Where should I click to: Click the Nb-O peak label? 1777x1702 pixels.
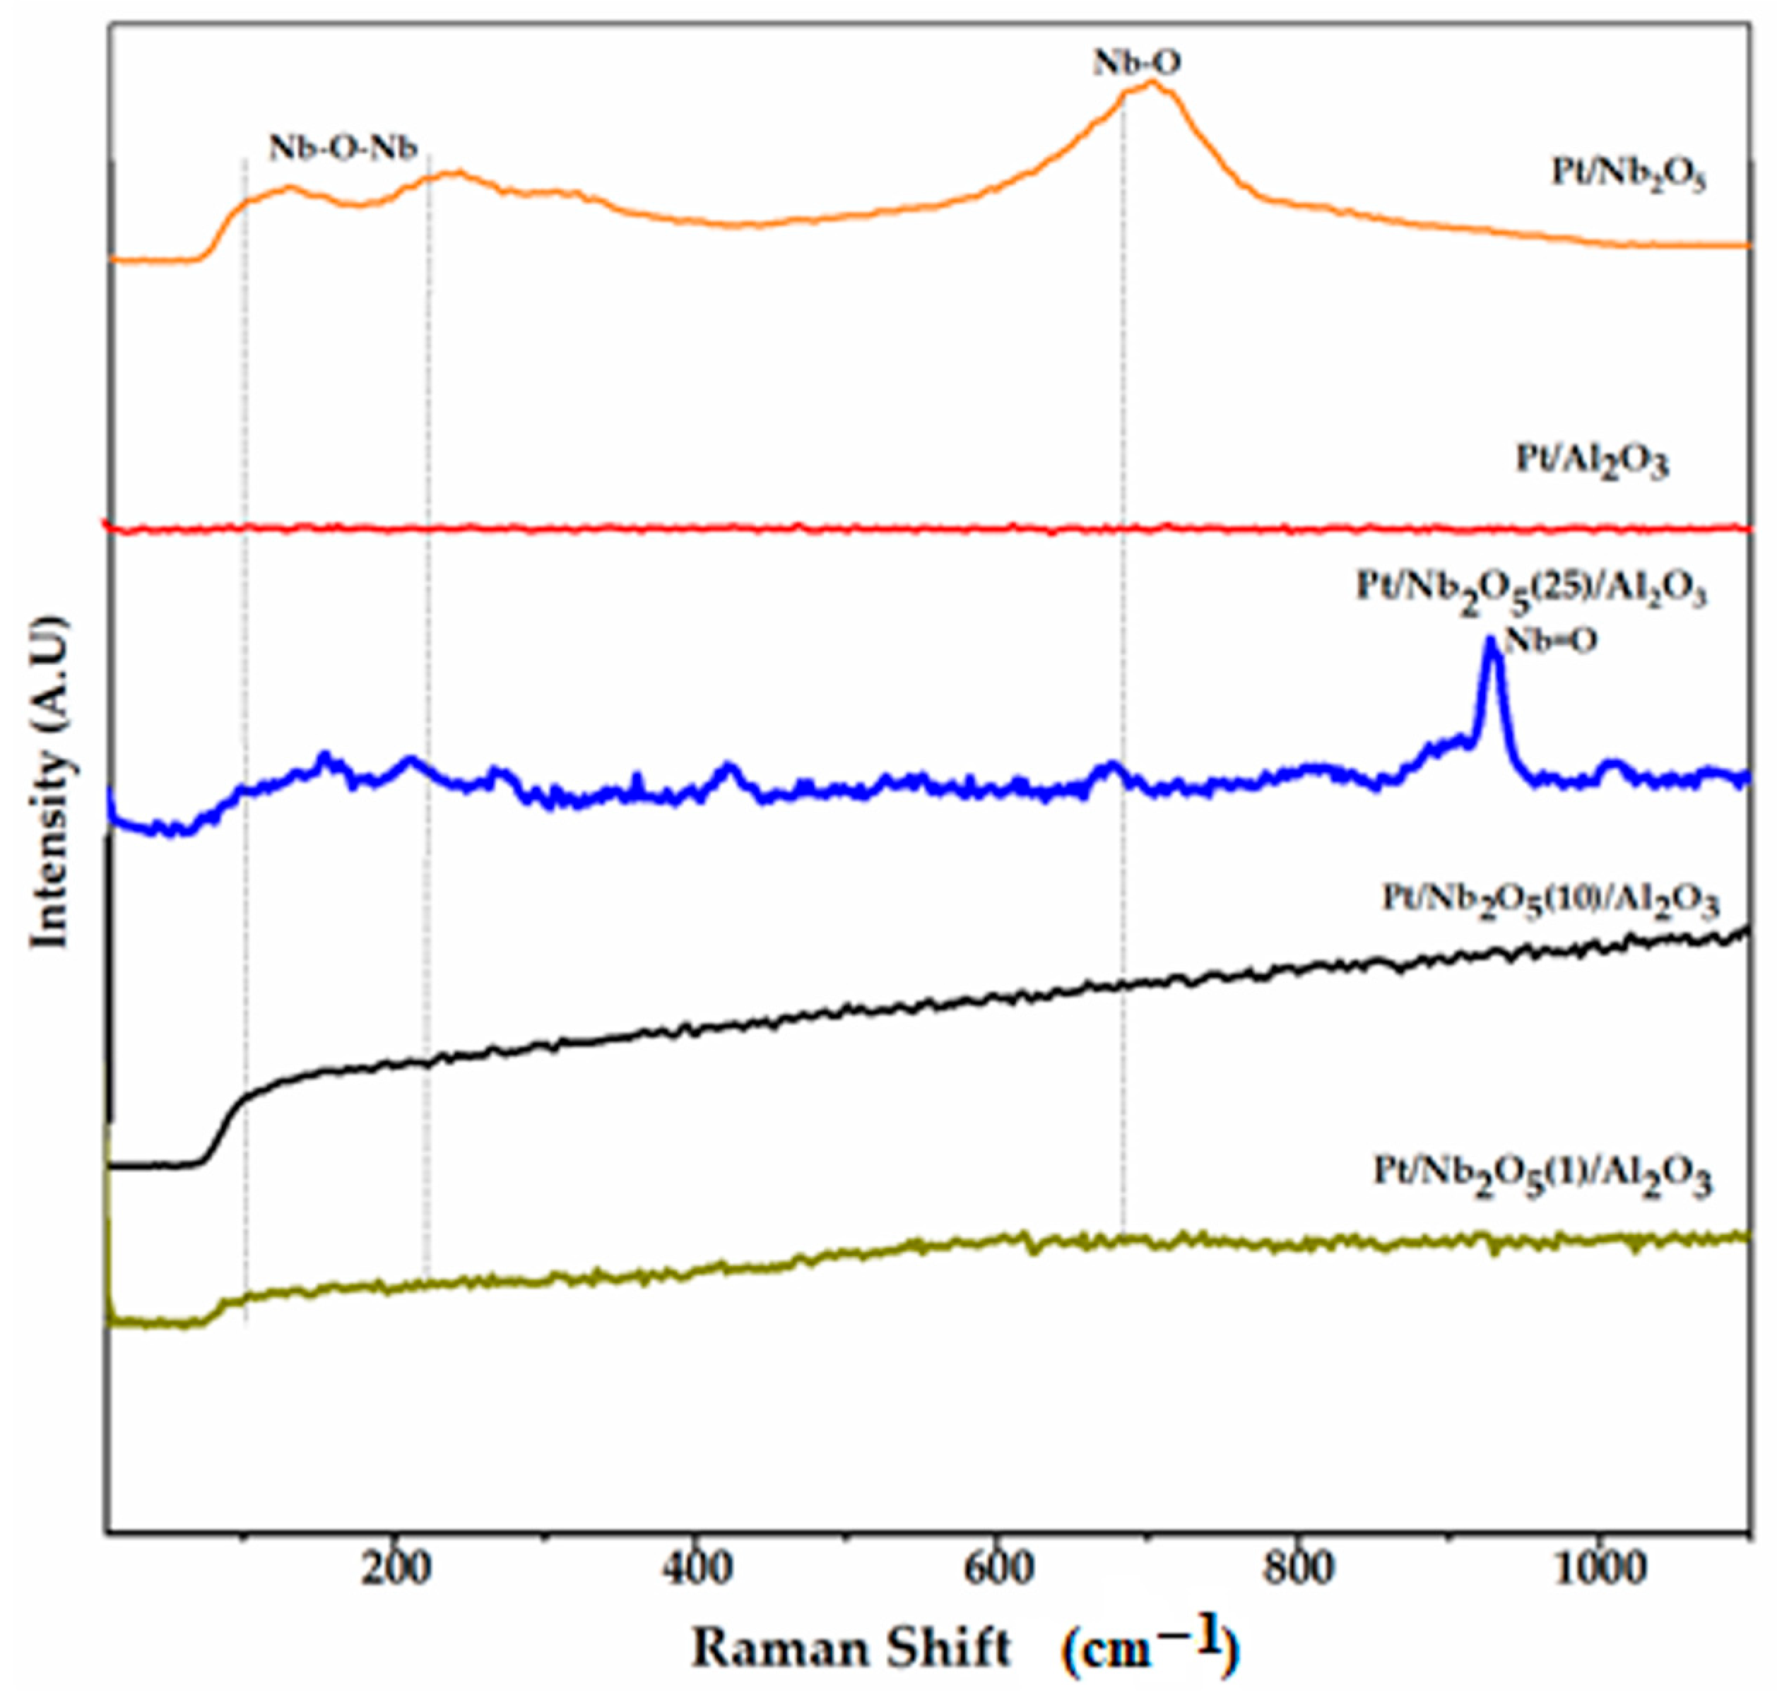click(x=1137, y=63)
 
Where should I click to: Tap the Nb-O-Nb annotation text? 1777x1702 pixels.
click(x=343, y=147)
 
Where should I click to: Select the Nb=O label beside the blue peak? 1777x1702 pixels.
click(x=1550, y=640)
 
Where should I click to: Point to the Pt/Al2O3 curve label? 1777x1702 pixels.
click(x=1592, y=461)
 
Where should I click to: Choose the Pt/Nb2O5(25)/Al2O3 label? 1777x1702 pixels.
click(x=1531, y=591)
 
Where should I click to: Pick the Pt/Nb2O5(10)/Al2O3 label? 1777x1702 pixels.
click(x=1550, y=902)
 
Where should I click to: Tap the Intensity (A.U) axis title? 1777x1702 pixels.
click(x=50, y=781)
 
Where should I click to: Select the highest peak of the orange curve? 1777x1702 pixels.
click(x=1152, y=84)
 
